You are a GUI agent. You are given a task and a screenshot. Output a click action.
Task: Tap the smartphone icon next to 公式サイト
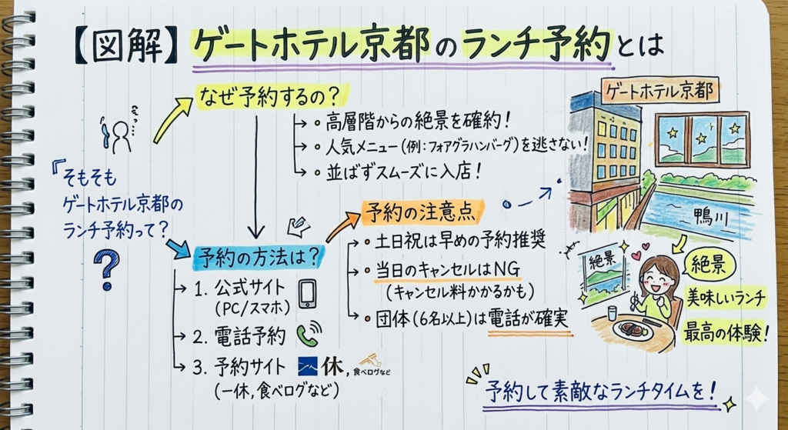coord(307,293)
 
